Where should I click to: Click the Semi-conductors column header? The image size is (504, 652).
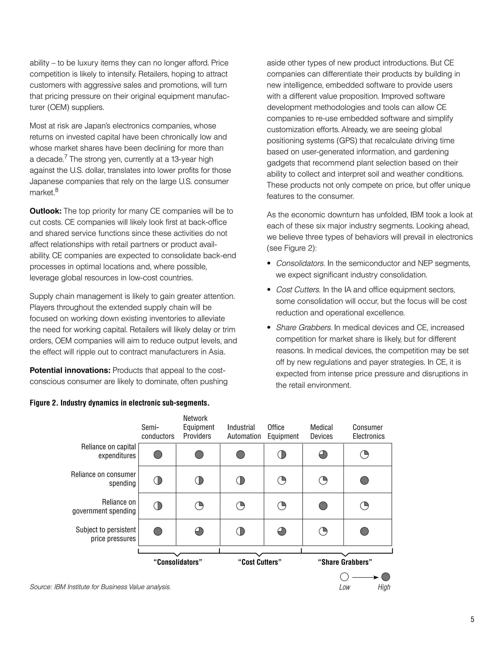158,432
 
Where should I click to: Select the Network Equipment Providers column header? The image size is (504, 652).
199,427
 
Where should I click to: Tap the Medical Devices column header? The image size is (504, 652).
321,432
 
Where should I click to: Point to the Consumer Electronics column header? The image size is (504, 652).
368,432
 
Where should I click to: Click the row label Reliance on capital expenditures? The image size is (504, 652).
108,451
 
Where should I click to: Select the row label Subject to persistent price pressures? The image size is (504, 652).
106,534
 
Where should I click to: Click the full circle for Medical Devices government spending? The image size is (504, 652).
323,506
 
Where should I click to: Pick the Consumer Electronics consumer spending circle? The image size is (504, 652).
364,480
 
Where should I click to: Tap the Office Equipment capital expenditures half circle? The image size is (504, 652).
282,454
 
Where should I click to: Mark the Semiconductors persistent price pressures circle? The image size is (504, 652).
158,531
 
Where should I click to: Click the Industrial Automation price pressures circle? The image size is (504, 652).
240,531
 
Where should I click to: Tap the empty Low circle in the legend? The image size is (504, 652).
344,577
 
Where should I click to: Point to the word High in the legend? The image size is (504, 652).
384,587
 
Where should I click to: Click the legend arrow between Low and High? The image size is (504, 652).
365,577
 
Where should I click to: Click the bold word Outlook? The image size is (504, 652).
45,211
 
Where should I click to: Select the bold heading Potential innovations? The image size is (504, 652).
70,371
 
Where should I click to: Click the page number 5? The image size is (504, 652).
472,620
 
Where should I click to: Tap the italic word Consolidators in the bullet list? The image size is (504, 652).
300,263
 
